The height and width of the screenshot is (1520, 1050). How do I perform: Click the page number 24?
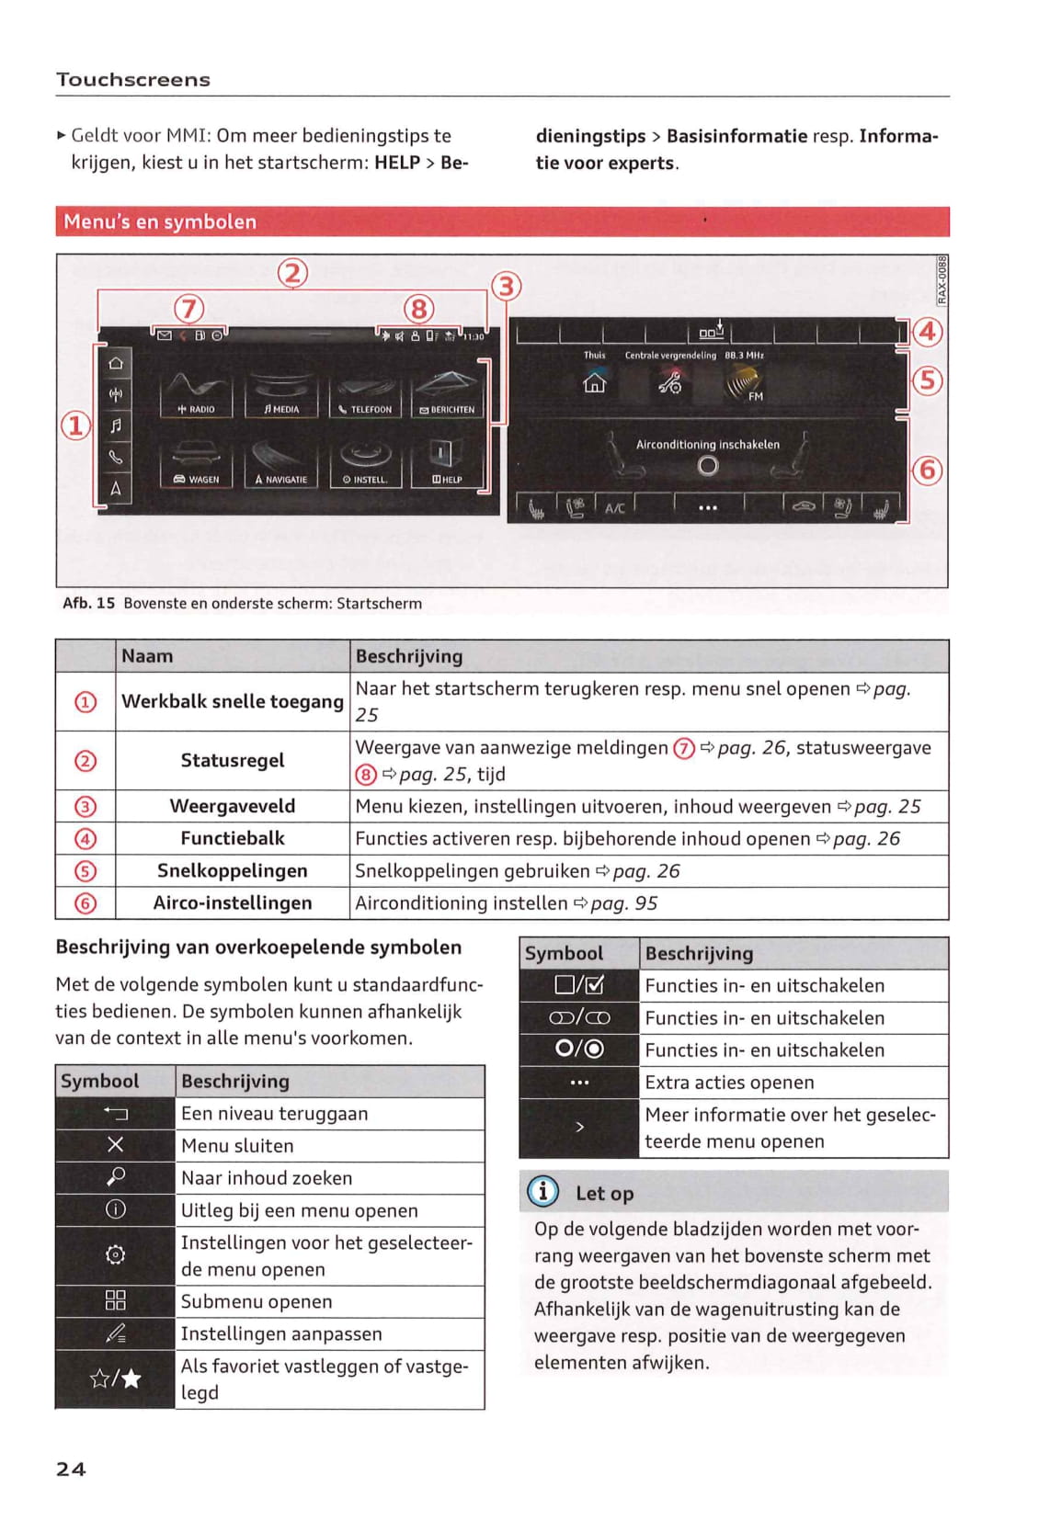(x=71, y=1469)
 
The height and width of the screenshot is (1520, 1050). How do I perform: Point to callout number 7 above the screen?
(x=189, y=309)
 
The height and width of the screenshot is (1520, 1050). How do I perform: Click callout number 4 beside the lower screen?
(x=927, y=331)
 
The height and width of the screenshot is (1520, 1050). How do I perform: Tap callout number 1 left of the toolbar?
(x=75, y=425)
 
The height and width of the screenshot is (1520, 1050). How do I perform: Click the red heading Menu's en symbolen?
(x=160, y=221)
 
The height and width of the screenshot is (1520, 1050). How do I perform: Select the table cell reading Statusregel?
(x=232, y=761)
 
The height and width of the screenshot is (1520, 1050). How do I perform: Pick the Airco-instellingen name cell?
(x=232, y=903)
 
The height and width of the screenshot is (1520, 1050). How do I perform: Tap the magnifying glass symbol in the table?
(x=116, y=1177)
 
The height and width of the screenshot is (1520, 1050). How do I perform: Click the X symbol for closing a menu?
(x=116, y=1145)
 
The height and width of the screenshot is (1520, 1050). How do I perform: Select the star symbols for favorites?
(x=116, y=1378)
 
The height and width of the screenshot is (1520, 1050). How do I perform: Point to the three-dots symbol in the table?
(x=579, y=1083)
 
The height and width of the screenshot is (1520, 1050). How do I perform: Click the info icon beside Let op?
(x=542, y=1192)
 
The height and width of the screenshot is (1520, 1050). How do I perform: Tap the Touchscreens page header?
(x=133, y=80)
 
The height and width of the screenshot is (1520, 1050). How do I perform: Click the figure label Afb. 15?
(x=89, y=604)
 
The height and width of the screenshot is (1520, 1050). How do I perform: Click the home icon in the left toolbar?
(x=116, y=364)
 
